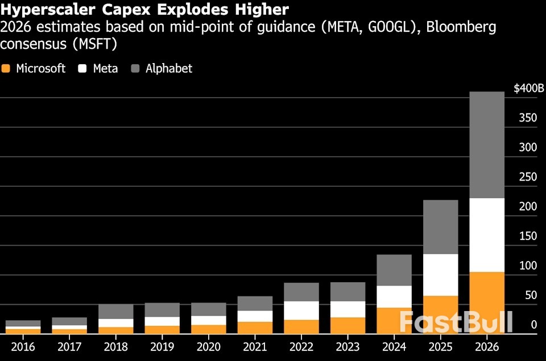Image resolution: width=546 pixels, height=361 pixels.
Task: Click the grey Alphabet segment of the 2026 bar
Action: tap(487, 145)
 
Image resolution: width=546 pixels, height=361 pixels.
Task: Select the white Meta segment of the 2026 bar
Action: tap(487, 234)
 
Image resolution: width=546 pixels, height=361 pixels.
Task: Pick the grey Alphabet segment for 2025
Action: tap(441, 226)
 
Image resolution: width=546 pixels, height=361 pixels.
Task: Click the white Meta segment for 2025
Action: tap(441, 275)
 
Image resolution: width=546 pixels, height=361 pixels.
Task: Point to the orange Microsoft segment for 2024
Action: tap(395, 320)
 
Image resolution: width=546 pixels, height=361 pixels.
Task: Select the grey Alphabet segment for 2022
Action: tap(301, 292)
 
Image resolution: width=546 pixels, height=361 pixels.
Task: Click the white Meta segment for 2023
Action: tap(348, 309)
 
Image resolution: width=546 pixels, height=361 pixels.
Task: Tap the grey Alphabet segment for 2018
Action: tap(116, 311)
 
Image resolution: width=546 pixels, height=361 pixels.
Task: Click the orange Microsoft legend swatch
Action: tap(6, 69)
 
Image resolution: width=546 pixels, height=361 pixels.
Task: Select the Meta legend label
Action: tap(105, 69)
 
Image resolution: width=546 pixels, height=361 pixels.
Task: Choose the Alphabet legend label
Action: tap(169, 69)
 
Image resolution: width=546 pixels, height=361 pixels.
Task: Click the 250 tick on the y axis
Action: tap(528, 177)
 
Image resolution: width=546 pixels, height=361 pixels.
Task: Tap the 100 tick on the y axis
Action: tap(528, 266)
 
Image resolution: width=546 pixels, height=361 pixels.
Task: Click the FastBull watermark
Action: tap(456, 321)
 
